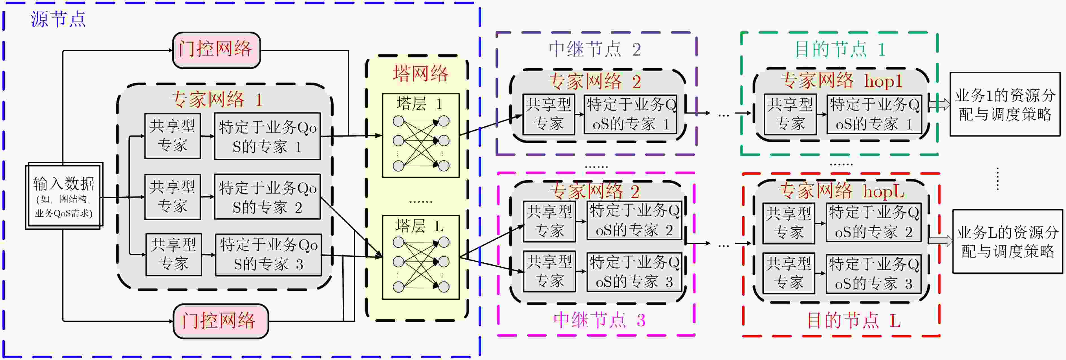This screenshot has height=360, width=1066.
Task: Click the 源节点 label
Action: point(58,19)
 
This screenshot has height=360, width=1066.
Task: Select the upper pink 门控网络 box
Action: point(216,50)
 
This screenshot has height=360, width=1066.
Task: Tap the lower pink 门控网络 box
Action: point(221,321)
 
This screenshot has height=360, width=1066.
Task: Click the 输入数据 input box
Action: point(64,196)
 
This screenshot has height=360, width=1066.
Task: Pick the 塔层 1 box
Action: point(420,135)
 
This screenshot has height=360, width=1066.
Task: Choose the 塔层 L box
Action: point(420,257)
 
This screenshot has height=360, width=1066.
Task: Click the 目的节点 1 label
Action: point(840,49)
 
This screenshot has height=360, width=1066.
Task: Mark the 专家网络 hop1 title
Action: point(841,80)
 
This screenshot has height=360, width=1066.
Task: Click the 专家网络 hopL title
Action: point(841,191)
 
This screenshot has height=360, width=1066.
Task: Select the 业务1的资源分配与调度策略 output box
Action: point(1005,104)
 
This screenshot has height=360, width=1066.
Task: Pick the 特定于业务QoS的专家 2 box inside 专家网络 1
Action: point(267,197)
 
